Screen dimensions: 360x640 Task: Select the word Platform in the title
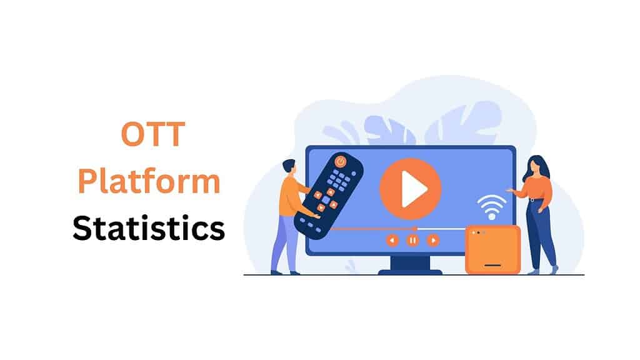click(149, 181)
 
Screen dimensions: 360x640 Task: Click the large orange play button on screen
click(411, 189)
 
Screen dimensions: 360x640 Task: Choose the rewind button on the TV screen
click(392, 240)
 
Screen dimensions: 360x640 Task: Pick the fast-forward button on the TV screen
click(433, 240)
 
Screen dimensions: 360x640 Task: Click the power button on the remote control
click(341, 161)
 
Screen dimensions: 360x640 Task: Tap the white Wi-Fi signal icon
click(492, 207)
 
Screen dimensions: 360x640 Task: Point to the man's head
click(289, 167)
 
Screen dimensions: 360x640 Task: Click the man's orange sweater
click(291, 196)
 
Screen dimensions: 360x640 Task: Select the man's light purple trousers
click(286, 241)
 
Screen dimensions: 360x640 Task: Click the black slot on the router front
click(492, 265)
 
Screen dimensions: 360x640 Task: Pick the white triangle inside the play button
click(412, 189)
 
